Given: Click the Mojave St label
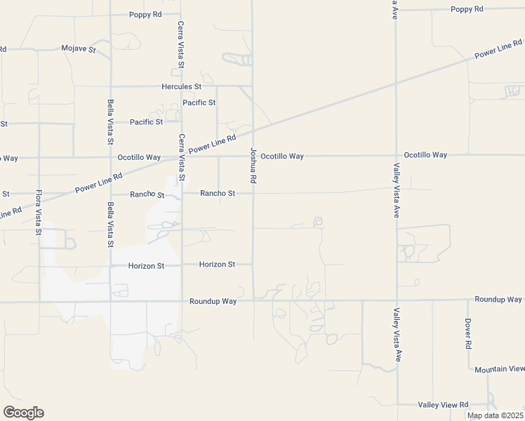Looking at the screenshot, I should click(x=79, y=49).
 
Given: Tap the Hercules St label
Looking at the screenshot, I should click(x=181, y=86).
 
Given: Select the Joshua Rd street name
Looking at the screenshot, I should click(x=253, y=166).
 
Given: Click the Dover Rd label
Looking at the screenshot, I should click(x=468, y=334).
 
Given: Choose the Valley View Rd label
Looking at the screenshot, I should click(x=443, y=405).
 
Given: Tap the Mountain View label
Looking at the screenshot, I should click(x=499, y=369).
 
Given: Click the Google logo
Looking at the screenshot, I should click(x=23, y=413).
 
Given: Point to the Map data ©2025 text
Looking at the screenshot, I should click(x=495, y=415).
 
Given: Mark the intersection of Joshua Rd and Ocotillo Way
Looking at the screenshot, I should click(x=253, y=156).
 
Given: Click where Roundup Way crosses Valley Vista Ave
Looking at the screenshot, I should click(x=397, y=300).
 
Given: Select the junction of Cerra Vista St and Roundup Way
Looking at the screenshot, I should click(x=182, y=302).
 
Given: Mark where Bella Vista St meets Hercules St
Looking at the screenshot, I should click(x=110, y=86).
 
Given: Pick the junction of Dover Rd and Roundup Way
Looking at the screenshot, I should click(x=468, y=300).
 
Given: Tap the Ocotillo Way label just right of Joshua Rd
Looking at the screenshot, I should click(x=282, y=156).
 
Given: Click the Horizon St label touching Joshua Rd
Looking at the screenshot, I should click(x=216, y=265).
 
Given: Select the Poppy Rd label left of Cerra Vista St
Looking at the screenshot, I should click(x=146, y=15).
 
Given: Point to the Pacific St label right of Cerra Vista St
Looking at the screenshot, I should click(x=199, y=102).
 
